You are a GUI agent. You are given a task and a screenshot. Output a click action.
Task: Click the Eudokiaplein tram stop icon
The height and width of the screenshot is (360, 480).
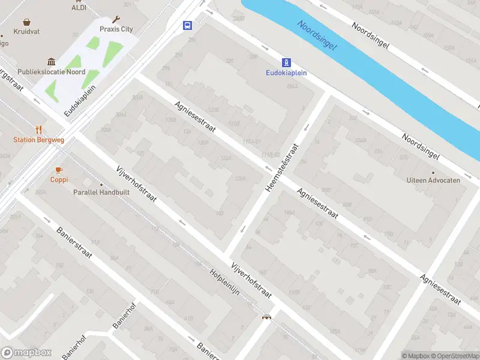point(287,62)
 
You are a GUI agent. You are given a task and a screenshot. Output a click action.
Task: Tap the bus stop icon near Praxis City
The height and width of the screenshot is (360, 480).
point(188,25)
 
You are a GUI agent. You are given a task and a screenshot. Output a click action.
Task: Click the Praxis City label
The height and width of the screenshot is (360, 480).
point(116,29)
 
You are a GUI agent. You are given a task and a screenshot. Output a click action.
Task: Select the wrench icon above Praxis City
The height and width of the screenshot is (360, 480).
point(116,19)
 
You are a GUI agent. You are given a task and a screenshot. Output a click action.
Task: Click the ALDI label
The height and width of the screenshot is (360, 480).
point(79,7)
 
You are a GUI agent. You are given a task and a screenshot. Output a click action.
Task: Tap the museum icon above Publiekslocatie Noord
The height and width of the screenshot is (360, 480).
point(51,62)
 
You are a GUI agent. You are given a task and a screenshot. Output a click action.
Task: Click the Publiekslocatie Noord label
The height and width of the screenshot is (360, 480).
point(51,71)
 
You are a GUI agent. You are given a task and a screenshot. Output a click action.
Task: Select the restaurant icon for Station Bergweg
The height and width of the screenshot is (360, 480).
point(39,130)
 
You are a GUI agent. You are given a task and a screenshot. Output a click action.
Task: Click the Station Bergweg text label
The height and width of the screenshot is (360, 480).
point(38,140)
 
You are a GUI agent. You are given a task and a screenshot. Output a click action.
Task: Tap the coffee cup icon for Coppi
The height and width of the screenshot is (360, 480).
point(59,170)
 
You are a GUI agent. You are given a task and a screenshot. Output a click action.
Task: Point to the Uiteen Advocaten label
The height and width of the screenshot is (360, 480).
point(433,180)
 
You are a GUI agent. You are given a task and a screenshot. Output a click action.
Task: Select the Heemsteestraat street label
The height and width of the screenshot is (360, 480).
point(282,167)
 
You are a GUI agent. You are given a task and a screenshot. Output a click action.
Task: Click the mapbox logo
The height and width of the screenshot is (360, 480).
point(25,353)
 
